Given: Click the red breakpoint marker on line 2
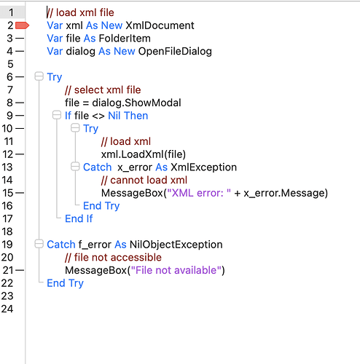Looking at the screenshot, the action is click(22, 25).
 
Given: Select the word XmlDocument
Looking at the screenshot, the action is click(160, 25).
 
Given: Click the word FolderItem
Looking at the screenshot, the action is click(125, 39).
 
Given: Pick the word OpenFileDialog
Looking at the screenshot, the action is click(175, 52).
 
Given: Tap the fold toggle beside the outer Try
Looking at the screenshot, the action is click(39, 76).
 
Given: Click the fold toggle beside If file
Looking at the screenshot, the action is click(57, 115).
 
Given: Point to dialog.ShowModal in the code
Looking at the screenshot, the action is click(136, 103).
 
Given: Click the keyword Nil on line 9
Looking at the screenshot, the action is click(114, 116).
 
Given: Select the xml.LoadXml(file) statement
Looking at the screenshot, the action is click(144, 154).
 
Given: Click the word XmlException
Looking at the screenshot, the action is click(203, 167).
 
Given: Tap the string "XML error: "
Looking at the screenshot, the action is click(199, 193).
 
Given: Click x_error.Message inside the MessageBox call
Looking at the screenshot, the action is click(283, 193).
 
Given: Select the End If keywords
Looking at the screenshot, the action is click(79, 218).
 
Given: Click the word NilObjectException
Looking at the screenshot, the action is click(176, 245).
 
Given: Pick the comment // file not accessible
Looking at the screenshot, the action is click(113, 258).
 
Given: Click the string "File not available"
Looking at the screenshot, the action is click(176, 270).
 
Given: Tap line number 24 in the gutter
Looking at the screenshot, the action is click(7, 309).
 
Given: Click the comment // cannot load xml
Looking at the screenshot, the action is click(144, 180).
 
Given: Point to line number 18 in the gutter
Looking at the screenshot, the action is click(7, 232).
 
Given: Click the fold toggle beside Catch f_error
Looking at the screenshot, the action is click(39, 244).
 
